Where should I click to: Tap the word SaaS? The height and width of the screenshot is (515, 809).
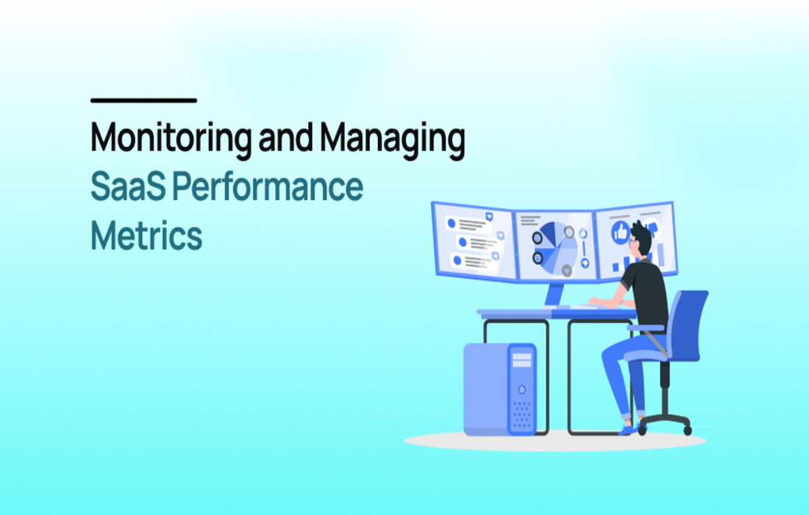click(x=128, y=186)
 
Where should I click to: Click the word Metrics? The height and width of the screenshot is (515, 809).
click(x=146, y=235)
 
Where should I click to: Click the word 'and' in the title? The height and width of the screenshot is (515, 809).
click(x=285, y=137)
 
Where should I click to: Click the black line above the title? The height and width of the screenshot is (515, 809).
click(x=143, y=100)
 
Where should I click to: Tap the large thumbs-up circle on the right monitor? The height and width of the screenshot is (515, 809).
click(x=621, y=232)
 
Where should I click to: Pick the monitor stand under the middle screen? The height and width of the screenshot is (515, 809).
click(x=555, y=296)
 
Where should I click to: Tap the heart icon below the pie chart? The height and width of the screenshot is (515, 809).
click(x=566, y=270)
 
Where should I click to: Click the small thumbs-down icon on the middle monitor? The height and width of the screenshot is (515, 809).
click(x=585, y=263)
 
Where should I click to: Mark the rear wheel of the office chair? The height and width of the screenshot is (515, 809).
click(x=687, y=430)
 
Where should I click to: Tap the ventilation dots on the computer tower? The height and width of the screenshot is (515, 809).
click(x=522, y=416)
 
